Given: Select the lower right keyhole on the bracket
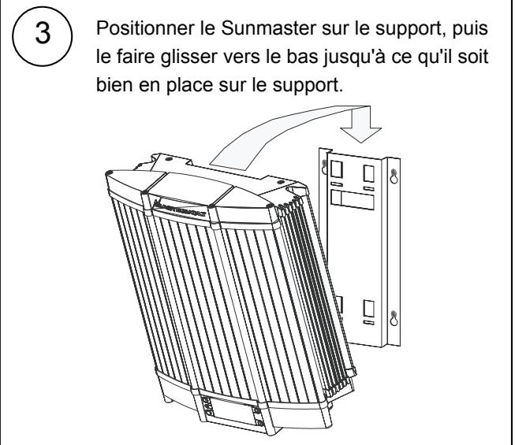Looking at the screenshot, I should coord(394,320).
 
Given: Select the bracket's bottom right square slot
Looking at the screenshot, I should coord(368,306).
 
